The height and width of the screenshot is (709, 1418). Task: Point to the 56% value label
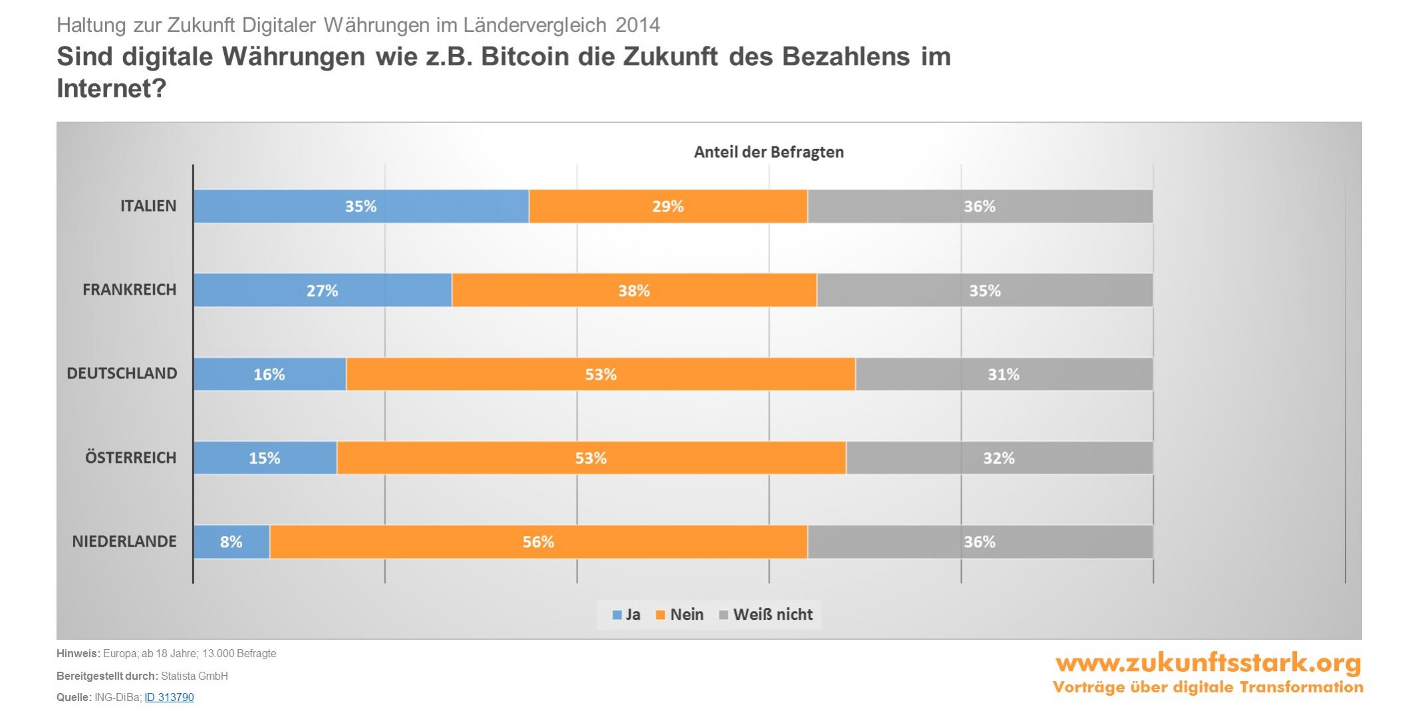[x=538, y=542]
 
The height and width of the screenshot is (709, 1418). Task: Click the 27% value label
[x=322, y=291]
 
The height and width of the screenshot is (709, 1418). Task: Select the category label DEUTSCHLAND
[x=122, y=373]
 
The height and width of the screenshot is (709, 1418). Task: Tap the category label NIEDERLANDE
[x=124, y=541]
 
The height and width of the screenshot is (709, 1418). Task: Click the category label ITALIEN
[x=148, y=206]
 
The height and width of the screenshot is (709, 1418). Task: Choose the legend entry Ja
[x=627, y=615]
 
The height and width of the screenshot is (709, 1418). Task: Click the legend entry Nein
[x=680, y=615]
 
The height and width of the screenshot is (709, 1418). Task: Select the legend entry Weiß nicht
[x=766, y=615]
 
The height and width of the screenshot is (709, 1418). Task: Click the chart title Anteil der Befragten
[x=769, y=152]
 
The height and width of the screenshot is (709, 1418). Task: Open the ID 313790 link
[x=169, y=697]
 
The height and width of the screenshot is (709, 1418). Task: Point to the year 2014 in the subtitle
[x=638, y=25]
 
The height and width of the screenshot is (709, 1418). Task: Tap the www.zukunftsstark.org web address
[x=1208, y=663]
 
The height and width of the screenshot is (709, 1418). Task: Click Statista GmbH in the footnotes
[x=194, y=676]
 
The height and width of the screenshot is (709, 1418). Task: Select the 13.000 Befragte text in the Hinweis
[x=239, y=653]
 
